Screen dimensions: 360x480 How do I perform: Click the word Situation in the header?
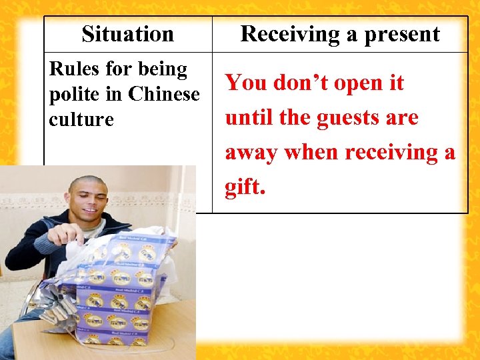127,34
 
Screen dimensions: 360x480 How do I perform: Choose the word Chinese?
163,94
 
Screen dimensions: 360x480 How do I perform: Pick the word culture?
81,119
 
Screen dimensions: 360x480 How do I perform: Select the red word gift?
245,187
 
